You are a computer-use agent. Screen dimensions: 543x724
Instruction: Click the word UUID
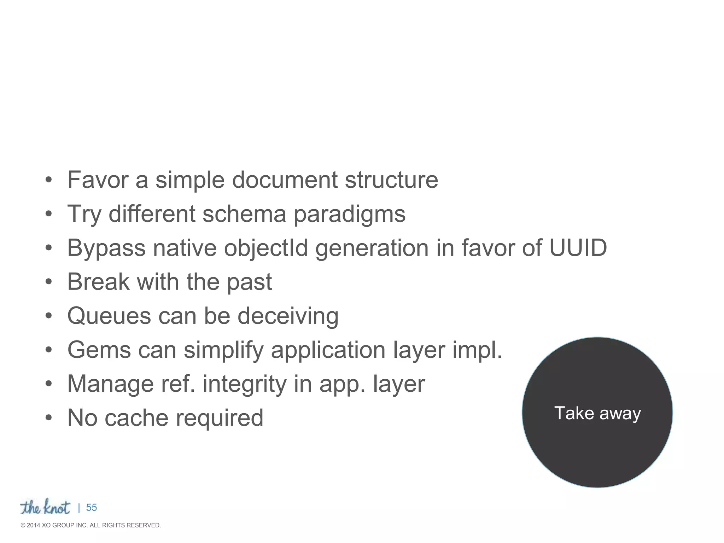(x=578, y=248)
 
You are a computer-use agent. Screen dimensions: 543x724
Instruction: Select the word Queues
(x=109, y=316)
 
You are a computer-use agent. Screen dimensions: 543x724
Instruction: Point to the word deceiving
(x=288, y=316)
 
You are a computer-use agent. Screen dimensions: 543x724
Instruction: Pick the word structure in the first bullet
(x=391, y=180)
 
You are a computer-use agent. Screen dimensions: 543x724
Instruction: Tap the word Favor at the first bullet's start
(x=98, y=180)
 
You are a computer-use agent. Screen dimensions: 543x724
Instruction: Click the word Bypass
(x=106, y=249)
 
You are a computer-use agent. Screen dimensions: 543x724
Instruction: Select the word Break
(x=98, y=282)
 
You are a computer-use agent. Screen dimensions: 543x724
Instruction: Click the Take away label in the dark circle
(x=597, y=413)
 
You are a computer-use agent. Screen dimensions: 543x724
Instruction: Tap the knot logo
(x=45, y=507)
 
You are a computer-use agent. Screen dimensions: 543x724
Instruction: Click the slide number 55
(x=91, y=508)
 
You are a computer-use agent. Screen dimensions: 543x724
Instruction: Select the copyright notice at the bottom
(x=91, y=525)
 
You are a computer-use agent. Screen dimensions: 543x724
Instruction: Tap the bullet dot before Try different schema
(x=49, y=214)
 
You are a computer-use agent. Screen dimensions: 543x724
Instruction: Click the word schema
(x=244, y=214)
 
